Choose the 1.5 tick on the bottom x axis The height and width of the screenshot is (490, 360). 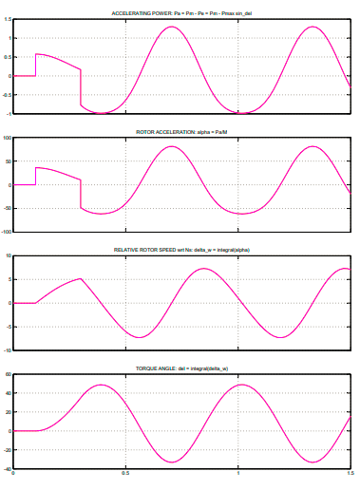[x=351, y=473]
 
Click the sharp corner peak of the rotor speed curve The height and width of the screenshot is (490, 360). [x=81, y=279]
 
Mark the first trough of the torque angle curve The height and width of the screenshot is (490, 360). [x=171, y=462]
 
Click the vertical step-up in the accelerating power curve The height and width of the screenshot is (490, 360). [x=36, y=65]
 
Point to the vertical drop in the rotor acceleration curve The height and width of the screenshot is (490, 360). [x=81, y=193]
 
